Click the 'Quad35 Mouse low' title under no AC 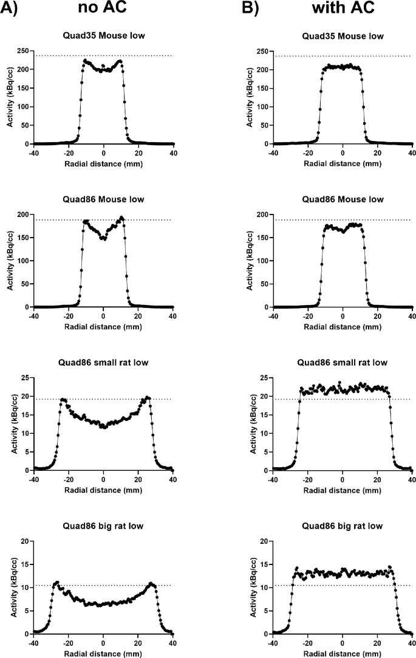click(103, 36)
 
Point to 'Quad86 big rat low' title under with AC click(343, 526)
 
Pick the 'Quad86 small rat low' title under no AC click(103, 363)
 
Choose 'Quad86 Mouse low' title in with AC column click(343, 199)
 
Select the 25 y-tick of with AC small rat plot click(264, 378)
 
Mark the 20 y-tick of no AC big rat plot click(24, 541)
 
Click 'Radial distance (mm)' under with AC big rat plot click(343, 652)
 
